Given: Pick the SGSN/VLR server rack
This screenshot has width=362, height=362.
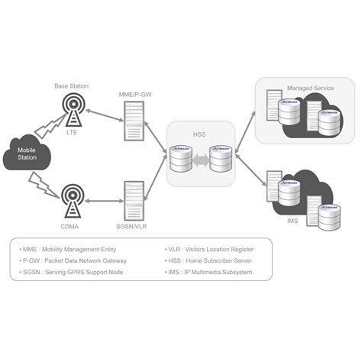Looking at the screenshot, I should (x=134, y=199).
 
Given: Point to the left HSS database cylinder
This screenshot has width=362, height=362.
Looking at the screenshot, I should (x=182, y=159).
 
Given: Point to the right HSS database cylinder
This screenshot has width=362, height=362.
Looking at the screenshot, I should (x=221, y=159).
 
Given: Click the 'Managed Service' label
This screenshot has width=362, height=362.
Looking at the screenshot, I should (x=309, y=89).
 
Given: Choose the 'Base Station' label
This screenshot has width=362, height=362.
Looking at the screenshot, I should (x=71, y=86).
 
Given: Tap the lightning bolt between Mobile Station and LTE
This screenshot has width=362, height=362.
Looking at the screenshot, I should (x=49, y=124).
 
